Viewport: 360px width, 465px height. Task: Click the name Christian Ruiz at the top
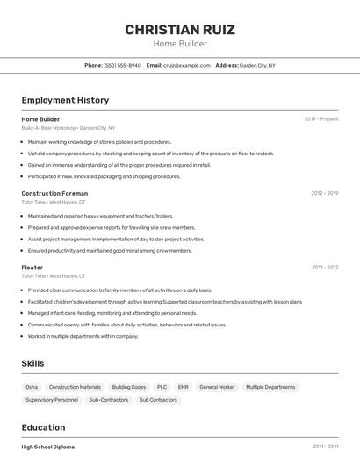coord(179,30)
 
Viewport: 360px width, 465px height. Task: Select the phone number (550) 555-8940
coord(122,65)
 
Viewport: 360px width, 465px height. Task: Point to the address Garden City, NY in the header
coord(257,65)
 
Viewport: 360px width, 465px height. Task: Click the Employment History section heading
coord(65,100)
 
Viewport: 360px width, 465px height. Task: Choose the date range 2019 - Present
coord(320,118)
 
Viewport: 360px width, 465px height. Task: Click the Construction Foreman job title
coord(54,193)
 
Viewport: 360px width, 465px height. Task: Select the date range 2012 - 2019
coord(324,193)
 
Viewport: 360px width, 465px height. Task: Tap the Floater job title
coord(32,267)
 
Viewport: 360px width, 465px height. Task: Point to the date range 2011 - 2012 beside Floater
coord(324,267)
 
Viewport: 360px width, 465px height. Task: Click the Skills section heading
coord(32,363)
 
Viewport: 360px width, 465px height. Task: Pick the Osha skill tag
coord(32,387)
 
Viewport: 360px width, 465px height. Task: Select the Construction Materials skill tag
coord(75,387)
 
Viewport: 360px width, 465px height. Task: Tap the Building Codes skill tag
coord(129,387)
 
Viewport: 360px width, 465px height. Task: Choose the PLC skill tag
coord(162,387)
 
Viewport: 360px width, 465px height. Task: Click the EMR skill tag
coord(183,387)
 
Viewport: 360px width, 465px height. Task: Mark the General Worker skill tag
coord(217,387)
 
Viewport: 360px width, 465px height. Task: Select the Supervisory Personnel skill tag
coord(52,400)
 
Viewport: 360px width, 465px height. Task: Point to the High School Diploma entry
coord(48,447)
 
